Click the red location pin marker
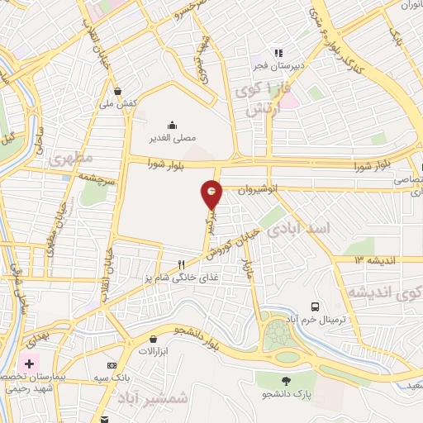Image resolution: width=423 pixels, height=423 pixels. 211,195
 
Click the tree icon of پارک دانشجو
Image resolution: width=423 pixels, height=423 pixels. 287,381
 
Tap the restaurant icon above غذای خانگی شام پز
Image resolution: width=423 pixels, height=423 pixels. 182,264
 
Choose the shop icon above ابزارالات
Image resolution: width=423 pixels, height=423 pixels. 154,339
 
